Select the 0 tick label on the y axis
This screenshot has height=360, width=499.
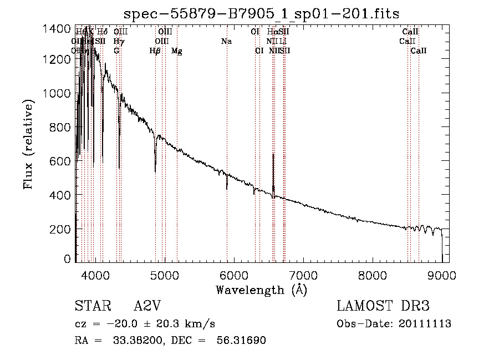coord(67,259)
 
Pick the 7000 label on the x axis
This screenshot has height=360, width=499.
coord(303,275)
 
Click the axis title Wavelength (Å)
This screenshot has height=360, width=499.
coord(261,290)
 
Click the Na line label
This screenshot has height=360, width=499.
coord(226,42)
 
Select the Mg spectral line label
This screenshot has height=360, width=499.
coord(177,51)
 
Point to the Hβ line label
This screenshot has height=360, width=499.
coord(155,51)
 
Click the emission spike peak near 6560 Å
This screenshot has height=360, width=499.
coord(273,155)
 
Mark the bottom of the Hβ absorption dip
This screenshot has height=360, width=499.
coord(155,164)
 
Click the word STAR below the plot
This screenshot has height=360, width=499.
coord(90,306)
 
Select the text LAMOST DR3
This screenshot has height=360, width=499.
coord(383,306)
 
